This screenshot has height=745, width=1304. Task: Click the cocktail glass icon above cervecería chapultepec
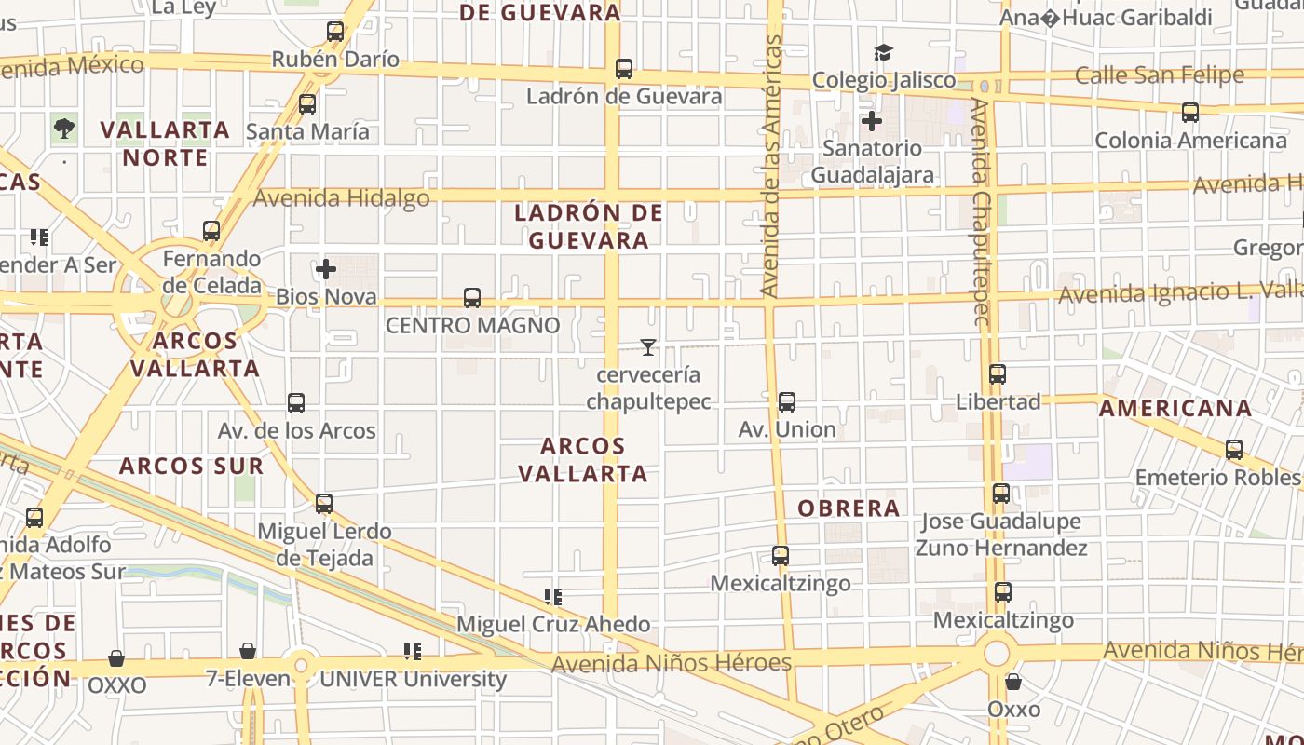click(x=648, y=347)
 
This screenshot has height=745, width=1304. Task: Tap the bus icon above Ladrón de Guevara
click(x=624, y=69)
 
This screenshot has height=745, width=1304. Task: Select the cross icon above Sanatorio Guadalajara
click(x=872, y=120)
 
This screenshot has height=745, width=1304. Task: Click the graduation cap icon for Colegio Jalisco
click(x=883, y=53)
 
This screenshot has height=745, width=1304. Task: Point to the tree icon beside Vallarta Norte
click(x=64, y=129)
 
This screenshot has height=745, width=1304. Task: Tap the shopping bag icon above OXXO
click(x=116, y=659)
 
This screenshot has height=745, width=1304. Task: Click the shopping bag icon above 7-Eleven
click(x=248, y=651)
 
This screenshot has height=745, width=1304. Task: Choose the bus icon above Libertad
click(x=998, y=374)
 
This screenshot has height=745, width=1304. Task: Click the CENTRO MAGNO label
click(x=473, y=325)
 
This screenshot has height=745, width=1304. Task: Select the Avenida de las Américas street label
click(x=770, y=168)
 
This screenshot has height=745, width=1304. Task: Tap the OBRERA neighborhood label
click(x=849, y=508)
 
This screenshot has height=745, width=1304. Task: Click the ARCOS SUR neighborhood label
click(x=192, y=466)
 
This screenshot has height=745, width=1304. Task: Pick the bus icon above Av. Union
click(x=787, y=402)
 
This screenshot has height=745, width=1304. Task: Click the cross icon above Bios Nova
click(x=326, y=270)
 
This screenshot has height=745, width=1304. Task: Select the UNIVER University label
click(x=413, y=679)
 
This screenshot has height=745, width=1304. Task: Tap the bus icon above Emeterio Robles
click(x=1234, y=450)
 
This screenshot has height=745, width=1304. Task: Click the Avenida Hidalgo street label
click(x=342, y=198)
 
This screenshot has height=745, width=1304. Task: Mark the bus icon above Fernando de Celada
click(x=211, y=230)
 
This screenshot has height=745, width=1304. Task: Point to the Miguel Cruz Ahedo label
click(x=553, y=624)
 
